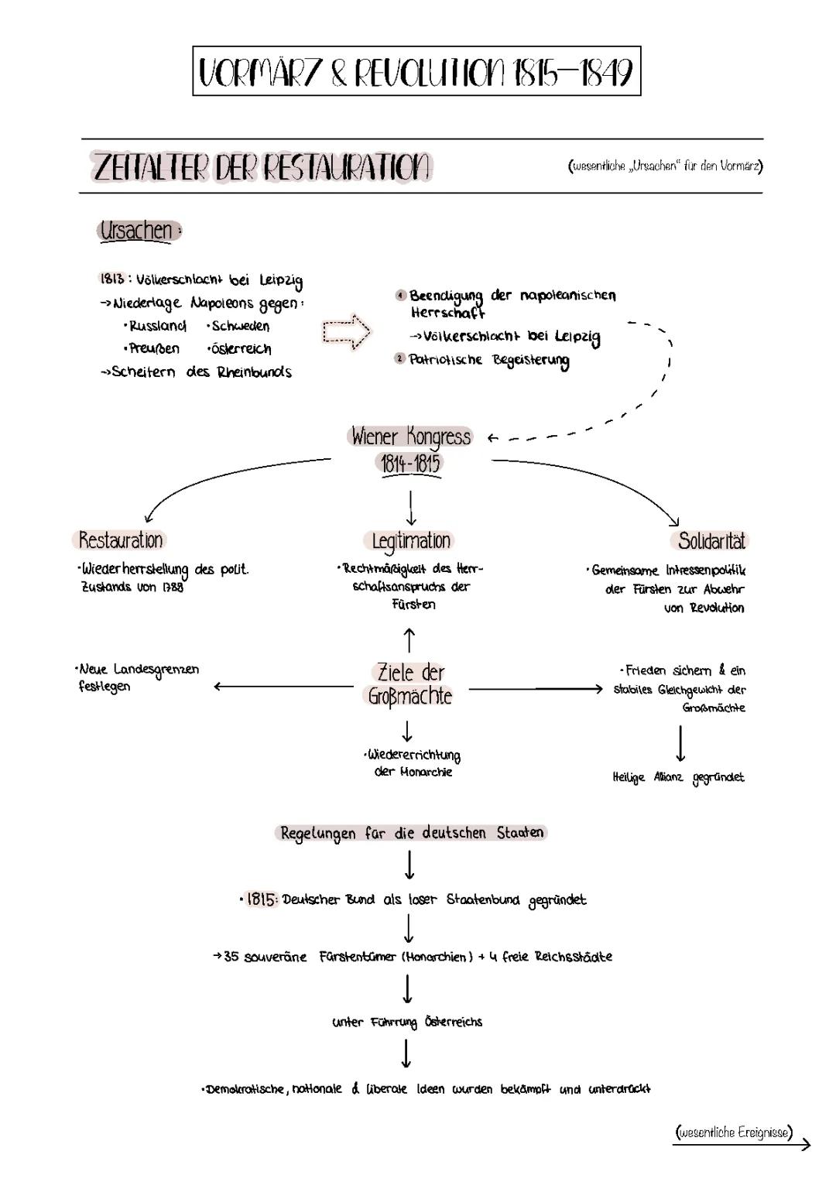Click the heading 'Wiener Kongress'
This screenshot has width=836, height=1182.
point(410,437)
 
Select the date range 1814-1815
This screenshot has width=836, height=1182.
point(410,464)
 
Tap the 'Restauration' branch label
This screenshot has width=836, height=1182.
point(121,540)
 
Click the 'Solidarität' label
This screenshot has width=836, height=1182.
point(711,540)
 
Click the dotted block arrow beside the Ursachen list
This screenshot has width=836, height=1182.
point(346,333)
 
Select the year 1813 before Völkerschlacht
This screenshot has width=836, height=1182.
point(111,279)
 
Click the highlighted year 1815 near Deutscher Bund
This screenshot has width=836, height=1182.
point(262,899)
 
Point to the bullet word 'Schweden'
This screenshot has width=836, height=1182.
point(241,326)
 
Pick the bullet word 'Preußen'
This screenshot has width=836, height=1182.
point(155,348)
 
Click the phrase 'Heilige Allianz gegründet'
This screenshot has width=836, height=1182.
point(678,777)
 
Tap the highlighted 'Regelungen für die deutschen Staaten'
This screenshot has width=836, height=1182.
point(411,833)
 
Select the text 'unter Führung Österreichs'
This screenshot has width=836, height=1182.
point(407,1022)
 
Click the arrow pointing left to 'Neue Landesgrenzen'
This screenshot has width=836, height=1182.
point(283,686)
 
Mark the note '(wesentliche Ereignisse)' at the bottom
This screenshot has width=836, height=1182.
point(734,1132)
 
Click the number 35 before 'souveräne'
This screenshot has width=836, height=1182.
point(231,957)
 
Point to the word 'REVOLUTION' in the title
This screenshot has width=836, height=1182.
point(430,72)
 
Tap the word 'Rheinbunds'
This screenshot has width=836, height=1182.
point(255,372)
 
